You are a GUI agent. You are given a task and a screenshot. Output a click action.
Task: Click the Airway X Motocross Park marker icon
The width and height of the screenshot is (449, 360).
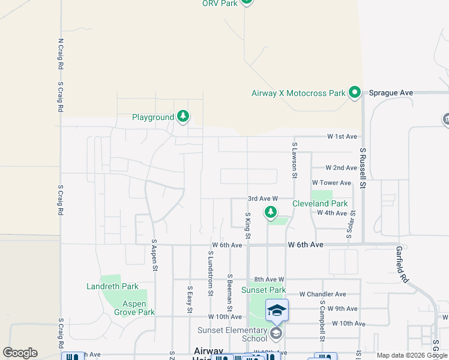pos(355,92)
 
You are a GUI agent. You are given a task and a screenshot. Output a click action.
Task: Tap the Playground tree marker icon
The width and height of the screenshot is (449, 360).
pos(183,116)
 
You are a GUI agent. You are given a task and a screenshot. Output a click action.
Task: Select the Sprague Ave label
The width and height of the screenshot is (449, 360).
pos(391,92)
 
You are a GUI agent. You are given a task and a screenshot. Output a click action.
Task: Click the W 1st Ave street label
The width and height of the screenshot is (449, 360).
pos(342,137)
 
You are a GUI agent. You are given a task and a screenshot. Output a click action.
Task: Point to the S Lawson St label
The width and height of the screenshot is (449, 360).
pos(295,160)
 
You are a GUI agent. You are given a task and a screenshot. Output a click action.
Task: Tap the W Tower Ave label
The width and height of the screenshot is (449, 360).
pos(331,182)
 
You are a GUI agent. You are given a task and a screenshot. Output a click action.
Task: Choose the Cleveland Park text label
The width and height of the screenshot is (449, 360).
pos(320,204)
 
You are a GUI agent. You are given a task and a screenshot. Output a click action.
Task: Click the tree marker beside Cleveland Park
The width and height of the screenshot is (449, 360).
pos(271,212)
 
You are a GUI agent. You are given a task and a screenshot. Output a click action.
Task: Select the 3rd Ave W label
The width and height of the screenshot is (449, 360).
pos(262,198)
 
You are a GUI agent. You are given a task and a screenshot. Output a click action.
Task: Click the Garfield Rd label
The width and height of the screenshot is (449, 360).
pos(402,264)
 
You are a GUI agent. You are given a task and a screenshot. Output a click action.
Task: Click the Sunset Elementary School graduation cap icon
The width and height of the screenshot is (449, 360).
pos(277,310)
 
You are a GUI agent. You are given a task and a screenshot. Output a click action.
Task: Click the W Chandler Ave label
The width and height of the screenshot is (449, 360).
pos(323,294)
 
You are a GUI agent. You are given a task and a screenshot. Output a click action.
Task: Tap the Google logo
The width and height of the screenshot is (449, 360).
pos(19,353)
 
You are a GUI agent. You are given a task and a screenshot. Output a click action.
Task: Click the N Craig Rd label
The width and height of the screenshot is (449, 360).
pos(61,54)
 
